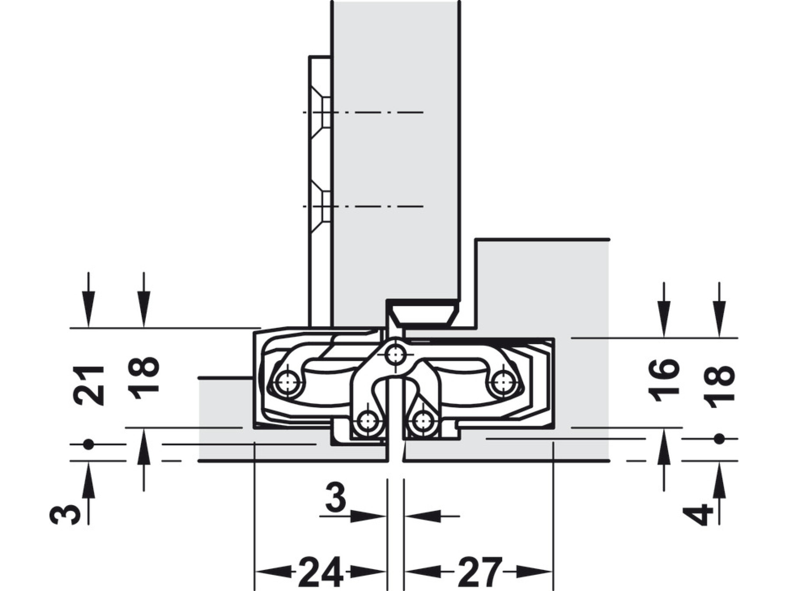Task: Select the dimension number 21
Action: point(89,385)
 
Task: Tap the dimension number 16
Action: point(664,380)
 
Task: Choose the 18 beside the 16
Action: point(719,387)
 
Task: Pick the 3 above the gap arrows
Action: point(336,499)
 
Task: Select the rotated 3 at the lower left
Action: point(65,514)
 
